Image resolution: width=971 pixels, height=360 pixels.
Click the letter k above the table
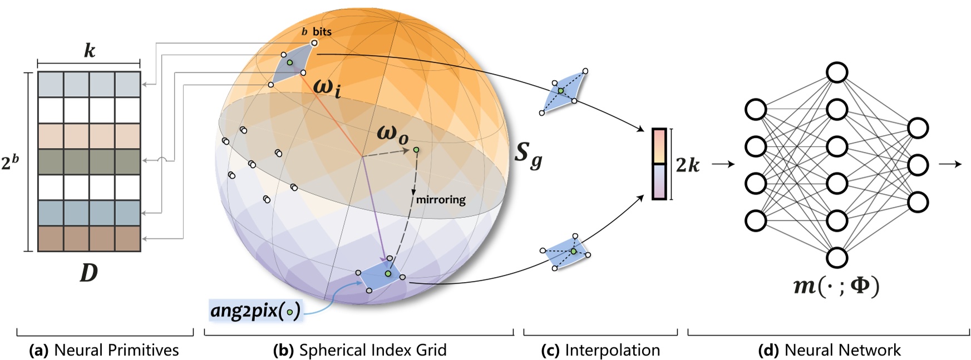pyautogui.click(x=89, y=51)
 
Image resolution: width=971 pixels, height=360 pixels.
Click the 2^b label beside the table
pyautogui.click(x=10, y=162)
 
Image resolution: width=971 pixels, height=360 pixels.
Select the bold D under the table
pyautogui.click(x=89, y=273)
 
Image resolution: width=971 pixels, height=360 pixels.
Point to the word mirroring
pyautogui.click(x=441, y=199)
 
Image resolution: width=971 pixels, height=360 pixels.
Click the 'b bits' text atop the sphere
pyautogui.click(x=317, y=32)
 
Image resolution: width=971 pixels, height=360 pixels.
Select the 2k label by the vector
pyautogui.click(x=688, y=165)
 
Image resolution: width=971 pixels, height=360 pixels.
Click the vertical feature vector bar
pyautogui.click(x=659, y=164)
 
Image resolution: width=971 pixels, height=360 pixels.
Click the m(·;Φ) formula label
pyautogui.click(x=836, y=286)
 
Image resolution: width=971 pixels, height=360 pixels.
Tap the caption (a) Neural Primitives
pyautogui.click(x=104, y=350)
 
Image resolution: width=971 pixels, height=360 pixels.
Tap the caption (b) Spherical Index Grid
pyautogui.click(x=359, y=350)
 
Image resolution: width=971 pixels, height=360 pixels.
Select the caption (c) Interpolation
pyautogui.click(x=600, y=350)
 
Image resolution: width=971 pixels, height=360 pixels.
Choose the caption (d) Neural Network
pyautogui.click(x=829, y=350)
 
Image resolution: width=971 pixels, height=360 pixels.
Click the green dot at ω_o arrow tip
pyautogui.click(x=416, y=150)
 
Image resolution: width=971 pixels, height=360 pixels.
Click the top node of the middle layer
pyautogui.click(x=837, y=72)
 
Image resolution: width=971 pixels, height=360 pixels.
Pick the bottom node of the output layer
pyautogui.click(x=918, y=202)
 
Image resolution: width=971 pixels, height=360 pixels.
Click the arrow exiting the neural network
pyautogui.click(x=949, y=164)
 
